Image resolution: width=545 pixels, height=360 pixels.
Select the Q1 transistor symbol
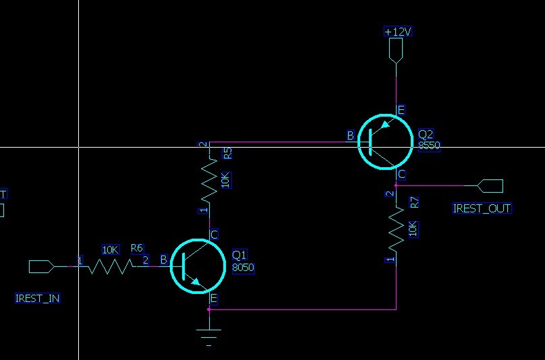click(x=197, y=266)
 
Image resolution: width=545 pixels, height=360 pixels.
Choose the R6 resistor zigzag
click(x=108, y=266)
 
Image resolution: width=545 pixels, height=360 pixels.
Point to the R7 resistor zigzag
click(x=396, y=229)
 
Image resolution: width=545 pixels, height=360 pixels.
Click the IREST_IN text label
click(x=38, y=298)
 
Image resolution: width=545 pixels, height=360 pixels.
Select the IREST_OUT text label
click(x=482, y=208)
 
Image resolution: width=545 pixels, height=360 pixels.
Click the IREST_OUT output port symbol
click(x=490, y=185)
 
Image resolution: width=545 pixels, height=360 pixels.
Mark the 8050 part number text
click(x=243, y=268)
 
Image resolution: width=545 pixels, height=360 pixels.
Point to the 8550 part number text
click(x=429, y=145)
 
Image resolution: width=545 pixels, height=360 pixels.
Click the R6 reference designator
click(x=137, y=249)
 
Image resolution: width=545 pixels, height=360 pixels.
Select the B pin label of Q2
click(x=350, y=136)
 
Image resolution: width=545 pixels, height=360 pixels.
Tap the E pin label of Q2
click(x=401, y=110)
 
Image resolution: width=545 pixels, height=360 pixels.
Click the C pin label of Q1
click(x=214, y=235)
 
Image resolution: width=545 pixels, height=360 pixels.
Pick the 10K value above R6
click(x=110, y=249)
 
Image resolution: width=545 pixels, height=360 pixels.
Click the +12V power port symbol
click(x=396, y=51)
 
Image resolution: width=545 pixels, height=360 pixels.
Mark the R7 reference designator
click(x=414, y=202)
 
